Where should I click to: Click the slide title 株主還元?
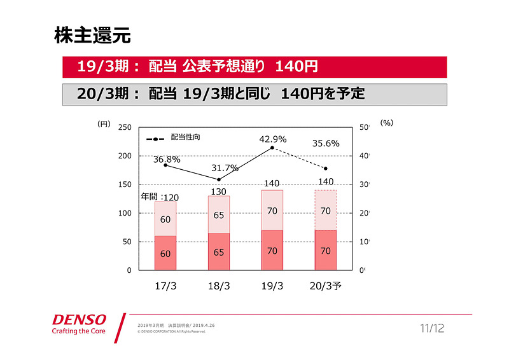(x=92, y=35)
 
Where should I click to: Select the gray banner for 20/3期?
(x=254, y=94)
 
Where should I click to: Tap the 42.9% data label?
(x=272, y=139)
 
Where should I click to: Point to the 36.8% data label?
(x=167, y=160)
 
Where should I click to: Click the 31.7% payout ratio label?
(x=224, y=169)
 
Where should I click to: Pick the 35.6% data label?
(x=325, y=144)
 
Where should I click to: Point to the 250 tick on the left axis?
(x=125, y=127)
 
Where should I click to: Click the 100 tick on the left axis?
(x=125, y=213)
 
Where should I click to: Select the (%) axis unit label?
(x=387, y=123)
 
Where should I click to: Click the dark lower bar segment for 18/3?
(x=219, y=251)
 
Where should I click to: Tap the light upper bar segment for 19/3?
(x=272, y=210)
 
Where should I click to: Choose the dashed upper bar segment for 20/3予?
(x=326, y=210)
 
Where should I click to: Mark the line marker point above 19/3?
(x=272, y=148)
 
